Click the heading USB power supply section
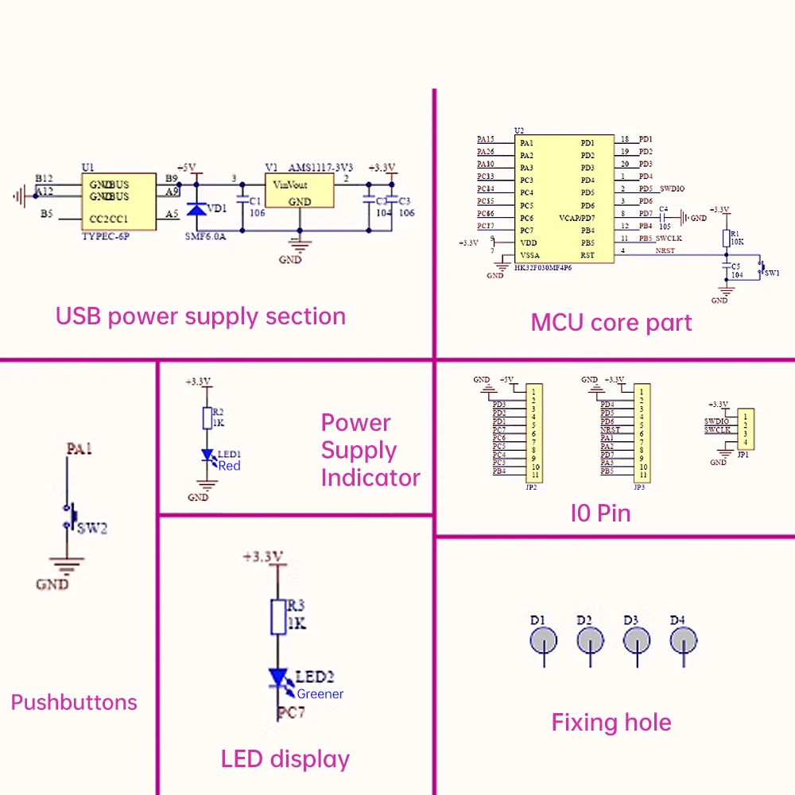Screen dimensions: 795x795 click(x=200, y=316)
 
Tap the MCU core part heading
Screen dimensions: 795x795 click(x=611, y=323)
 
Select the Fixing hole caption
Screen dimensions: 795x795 click(x=611, y=723)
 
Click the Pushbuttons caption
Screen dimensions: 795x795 click(x=74, y=702)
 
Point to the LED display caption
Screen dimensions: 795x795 click(x=285, y=759)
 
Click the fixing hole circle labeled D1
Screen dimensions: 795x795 click(x=545, y=639)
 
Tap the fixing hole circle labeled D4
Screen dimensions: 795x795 click(x=684, y=639)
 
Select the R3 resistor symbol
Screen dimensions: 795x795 click(x=277, y=617)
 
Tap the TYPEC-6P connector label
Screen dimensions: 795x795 click(x=105, y=236)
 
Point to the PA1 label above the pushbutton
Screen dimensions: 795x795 click(x=79, y=449)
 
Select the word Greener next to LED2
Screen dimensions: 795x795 click(x=320, y=694)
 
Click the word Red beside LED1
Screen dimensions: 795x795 click(x=229, y=466)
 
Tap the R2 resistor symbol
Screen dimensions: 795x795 click(x=207, y=417)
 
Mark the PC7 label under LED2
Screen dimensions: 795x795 click(x=291, y=713)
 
